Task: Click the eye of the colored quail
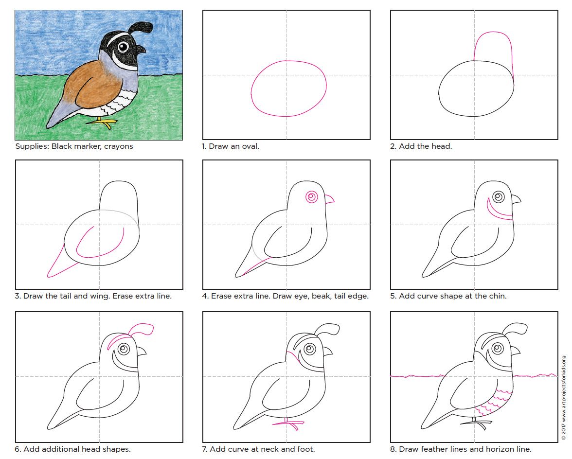click(x=124, y=47)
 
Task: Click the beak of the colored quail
click(x=141, y=49)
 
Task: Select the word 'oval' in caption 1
click(x=248, y=146)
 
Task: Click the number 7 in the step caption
click(x=205, y=449)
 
